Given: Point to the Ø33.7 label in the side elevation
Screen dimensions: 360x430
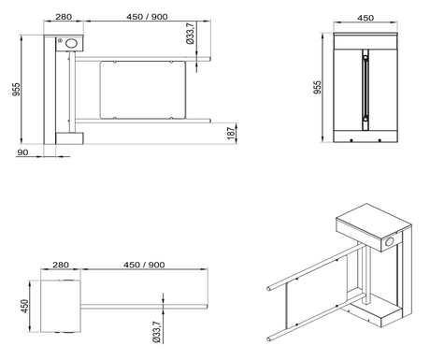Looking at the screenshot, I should (x=190, y=37).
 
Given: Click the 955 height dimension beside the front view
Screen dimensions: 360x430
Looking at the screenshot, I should (x=318, y=88).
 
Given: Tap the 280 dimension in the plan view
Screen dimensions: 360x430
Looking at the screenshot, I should (x=64, y=266).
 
